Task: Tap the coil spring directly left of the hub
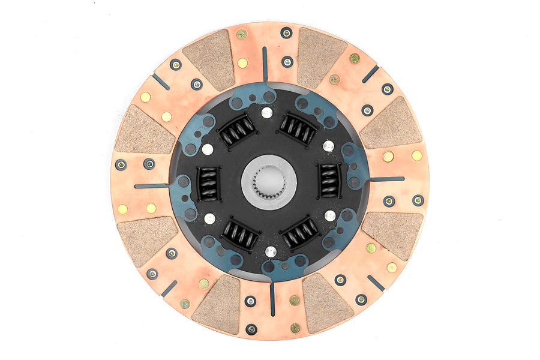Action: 208,183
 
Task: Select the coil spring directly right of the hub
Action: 329,180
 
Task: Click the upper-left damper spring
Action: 238,130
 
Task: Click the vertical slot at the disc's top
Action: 265,64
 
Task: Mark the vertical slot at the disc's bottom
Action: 272,298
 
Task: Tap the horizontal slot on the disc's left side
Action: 152,186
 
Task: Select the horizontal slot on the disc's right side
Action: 386,179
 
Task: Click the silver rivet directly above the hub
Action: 266,112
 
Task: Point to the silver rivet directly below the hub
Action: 271,251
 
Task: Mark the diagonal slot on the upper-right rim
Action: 370,74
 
